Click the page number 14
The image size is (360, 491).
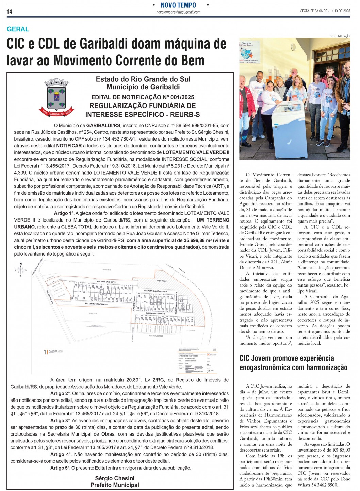[x=9, y=12]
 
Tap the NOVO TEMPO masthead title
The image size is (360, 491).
[x=178, y=5]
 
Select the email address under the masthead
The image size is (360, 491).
[x=178, y=12]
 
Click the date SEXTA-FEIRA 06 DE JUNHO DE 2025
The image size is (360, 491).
[x=325, y=11]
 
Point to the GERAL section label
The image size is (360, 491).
[x=18, y=29]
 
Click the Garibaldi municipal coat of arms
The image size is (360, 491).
[x=56, y=97]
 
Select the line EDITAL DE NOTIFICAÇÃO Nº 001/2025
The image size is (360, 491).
[x=143, y=97]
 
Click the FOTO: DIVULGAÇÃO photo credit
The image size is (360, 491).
[x=340, y=36]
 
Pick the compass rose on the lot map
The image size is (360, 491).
[x=21, y=270]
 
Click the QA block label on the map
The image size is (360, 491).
[x=105, y=292]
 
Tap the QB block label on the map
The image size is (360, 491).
[x=155, y=302]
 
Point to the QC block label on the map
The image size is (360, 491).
[x=162, y=320]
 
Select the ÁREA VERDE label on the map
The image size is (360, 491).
[x=162, y=281]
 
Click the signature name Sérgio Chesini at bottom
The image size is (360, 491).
[x=115, y=478]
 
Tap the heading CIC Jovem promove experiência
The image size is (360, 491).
[x=287, y=358]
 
